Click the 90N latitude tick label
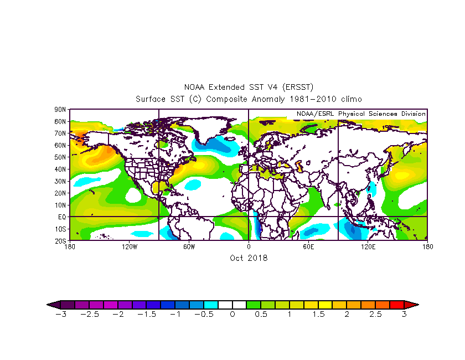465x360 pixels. (61, 110)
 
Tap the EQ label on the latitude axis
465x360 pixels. (62, 217)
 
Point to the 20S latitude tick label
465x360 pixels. (61, 240)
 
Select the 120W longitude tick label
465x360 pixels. (130, 246)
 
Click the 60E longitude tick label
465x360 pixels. (308, 246)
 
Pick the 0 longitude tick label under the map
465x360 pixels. (249, 246)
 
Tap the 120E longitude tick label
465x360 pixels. (368, 246)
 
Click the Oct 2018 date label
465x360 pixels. (249, 258)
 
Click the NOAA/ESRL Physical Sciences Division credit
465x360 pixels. (361, 114)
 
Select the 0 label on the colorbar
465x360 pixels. (232, 314)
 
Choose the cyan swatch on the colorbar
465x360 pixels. (211, 304)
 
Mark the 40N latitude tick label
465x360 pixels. (61, 169)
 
